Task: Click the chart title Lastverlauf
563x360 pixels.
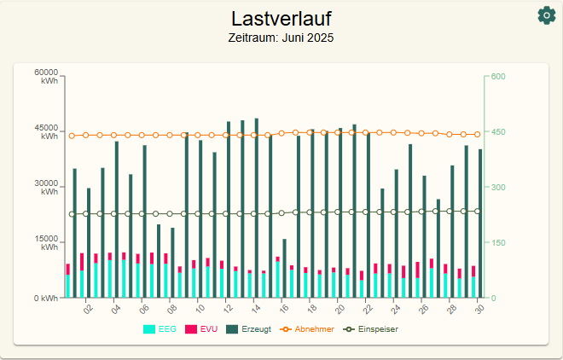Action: [x=281, y=19]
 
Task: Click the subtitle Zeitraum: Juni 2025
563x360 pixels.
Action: [x=281, y=38]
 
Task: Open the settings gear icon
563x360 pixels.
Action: [x=546, y=15]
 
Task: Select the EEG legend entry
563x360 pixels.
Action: [x=154, y=329]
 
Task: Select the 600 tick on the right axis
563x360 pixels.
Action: [x=497, y=77]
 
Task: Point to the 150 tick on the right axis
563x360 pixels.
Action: [x=497, y=243]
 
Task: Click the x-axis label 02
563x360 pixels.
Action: [x=88, y=310]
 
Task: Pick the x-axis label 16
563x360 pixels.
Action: [x=284, y=310]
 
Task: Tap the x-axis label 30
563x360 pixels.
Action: [x=479, y=310]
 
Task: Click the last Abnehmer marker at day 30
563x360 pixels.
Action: [x=478, y=135]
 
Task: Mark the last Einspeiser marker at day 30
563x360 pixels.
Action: [x=478, y=211]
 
